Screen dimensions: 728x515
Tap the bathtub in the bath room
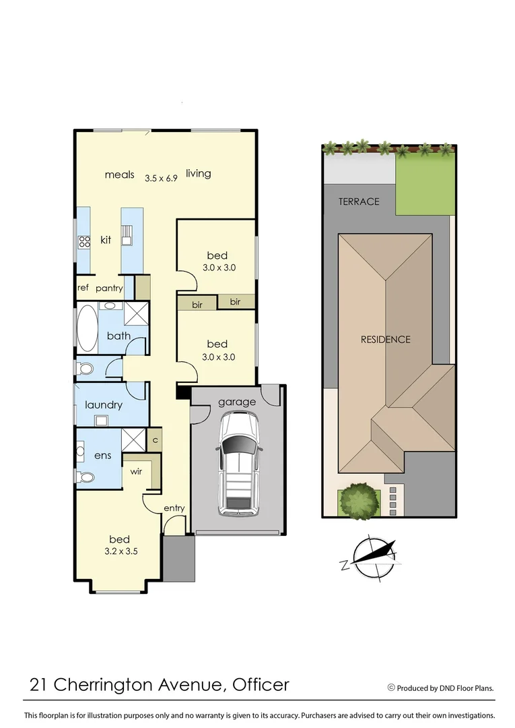tap(87, 329)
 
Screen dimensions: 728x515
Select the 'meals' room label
tap(120, 175)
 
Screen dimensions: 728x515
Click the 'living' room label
tap(199, 174)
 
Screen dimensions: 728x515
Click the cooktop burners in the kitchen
tap(85, 241)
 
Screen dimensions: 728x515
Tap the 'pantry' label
tap(108, 288)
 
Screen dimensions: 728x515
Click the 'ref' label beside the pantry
tap(83, 288)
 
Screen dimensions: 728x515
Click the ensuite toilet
tap(85, 477)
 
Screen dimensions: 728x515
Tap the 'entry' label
tap(174, 508)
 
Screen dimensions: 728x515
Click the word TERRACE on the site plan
tap(359, 202)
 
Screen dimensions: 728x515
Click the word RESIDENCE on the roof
tap(385, 339)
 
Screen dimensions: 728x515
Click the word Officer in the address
tap(261, 686)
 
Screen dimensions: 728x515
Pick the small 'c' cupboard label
tap(155, 439)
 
